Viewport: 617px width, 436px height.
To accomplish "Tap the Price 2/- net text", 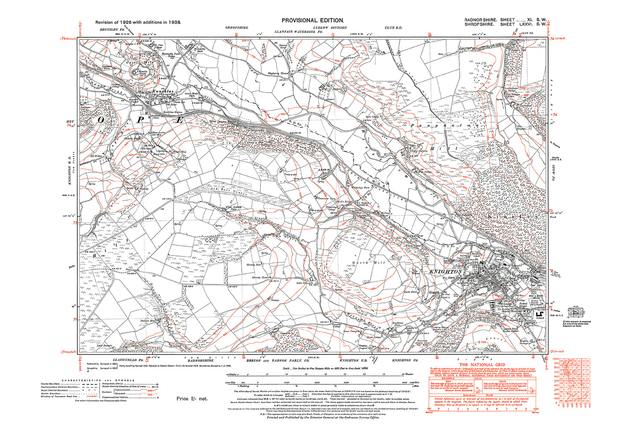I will click(192, 398).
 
